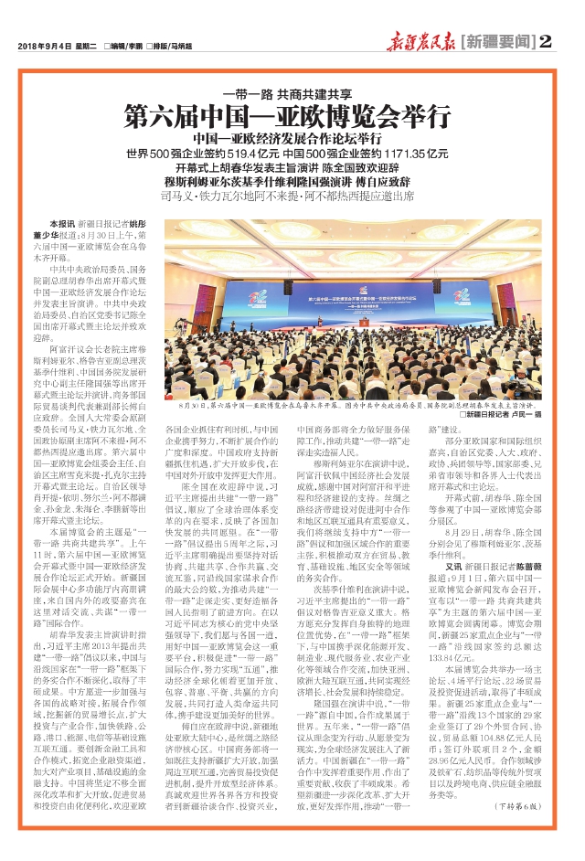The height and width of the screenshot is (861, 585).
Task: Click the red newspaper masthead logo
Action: (417, 40)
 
